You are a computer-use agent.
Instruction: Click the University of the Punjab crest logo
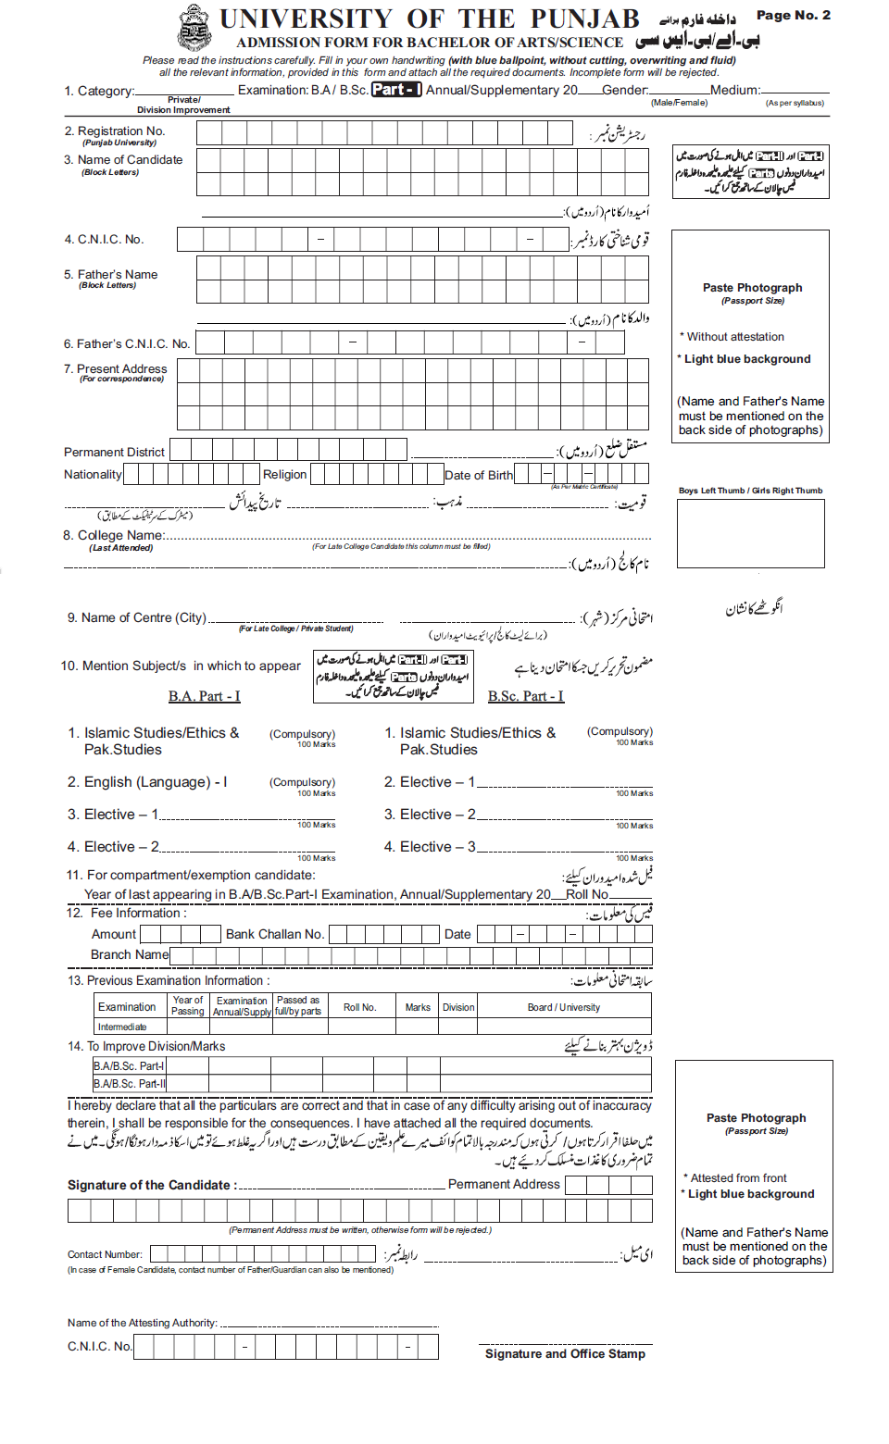(194, 27)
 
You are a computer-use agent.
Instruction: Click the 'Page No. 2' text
(793, 15)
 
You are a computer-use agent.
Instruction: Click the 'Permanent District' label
(114, 453)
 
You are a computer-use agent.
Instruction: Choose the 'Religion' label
(284, 475)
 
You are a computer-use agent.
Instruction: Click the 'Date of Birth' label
(478, 476)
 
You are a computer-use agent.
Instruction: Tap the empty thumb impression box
(750, 534)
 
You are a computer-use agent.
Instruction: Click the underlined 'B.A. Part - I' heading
(204, 696)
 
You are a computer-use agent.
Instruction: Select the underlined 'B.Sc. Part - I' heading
(525, 696)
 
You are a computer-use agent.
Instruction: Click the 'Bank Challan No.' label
(275, 935)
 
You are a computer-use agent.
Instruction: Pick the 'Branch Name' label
(130, 955)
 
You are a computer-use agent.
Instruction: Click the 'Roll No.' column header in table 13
(359, 1007)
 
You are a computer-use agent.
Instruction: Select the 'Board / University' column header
(563, 1007)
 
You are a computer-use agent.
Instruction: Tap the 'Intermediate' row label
(122, 1027)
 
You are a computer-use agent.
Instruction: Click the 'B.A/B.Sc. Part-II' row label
(130, 1084)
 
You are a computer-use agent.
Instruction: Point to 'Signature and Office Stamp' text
(565, 1354)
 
